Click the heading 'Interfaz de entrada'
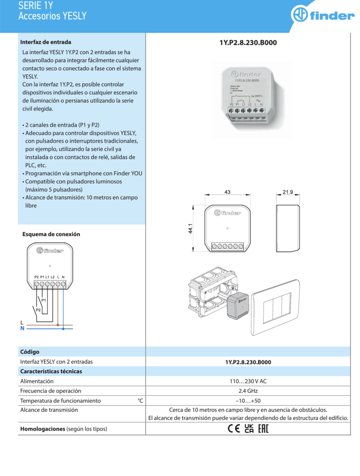45,42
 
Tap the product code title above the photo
248,43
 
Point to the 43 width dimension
227,192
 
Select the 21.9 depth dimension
287,192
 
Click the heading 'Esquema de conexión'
51,234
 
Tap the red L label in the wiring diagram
22,323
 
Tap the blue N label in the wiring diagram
22,329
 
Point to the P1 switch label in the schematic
43,300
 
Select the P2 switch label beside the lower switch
37,310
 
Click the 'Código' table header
29,352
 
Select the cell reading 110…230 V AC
248,381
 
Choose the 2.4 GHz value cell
248,391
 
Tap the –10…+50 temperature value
248,401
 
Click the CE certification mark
233,429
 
